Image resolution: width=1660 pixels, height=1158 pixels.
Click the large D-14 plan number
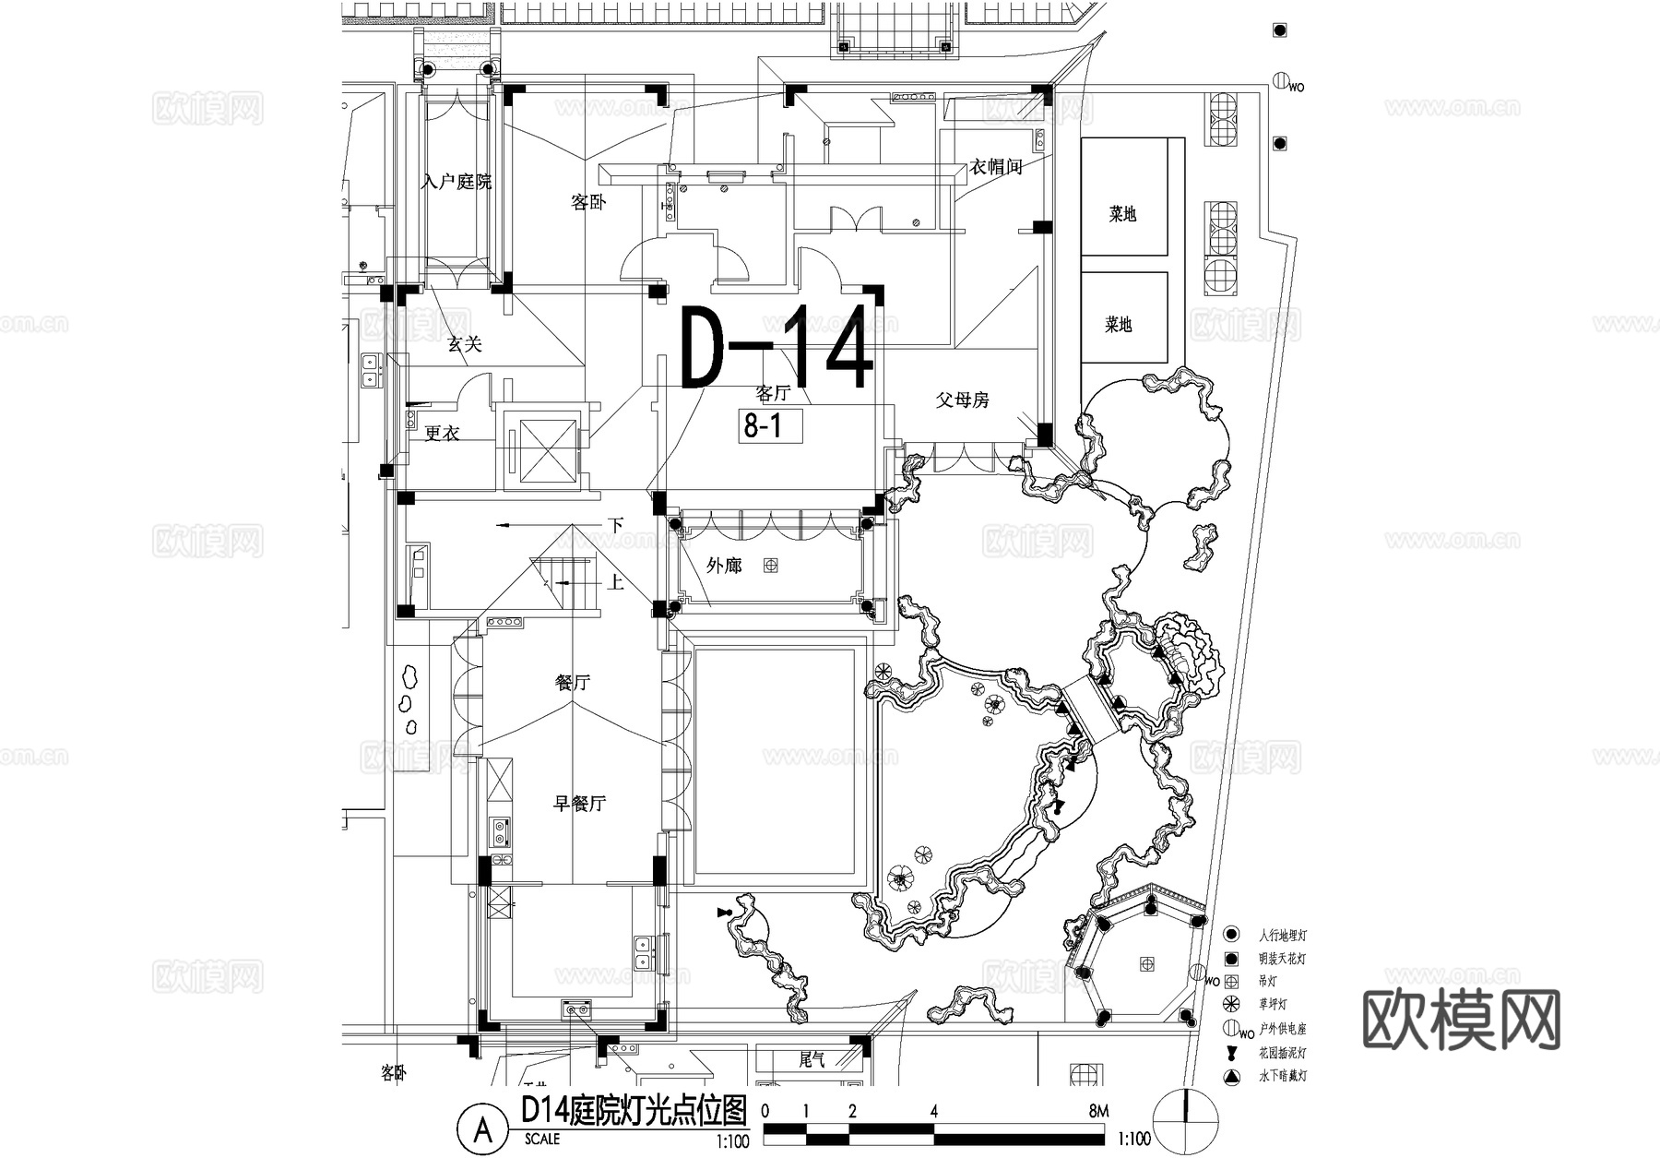tap(777, 347)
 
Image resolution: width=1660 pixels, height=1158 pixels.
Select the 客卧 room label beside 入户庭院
tap(588, 202)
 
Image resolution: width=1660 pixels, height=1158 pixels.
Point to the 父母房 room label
tap(962, 400)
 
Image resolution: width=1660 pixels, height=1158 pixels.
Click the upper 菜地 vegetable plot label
tap(1122, 214)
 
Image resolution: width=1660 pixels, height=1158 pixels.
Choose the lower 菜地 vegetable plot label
tap(1119, 325)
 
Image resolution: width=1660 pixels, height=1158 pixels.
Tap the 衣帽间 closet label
tap(996, 167)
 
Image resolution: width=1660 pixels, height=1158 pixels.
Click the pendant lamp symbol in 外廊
tap(770, 566)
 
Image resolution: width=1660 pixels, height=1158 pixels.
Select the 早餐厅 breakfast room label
tap(579, 804)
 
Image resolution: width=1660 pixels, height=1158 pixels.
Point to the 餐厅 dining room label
tap(572, 683)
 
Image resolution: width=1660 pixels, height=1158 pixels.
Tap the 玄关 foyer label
tap(465, 344)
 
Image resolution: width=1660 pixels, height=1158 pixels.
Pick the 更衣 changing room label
tap(442, 433)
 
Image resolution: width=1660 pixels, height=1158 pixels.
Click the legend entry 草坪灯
tap(1272, 1004)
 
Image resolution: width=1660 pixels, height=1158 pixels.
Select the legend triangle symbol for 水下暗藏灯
tap(1231, 1077)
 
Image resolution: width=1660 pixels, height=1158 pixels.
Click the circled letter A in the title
tap(482, 1128)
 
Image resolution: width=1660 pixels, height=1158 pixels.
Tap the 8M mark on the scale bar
tap(1098, 1111)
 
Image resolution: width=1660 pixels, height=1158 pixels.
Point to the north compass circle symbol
tap(1186, 1121)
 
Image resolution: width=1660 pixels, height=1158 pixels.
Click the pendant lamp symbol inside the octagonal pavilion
tap(1147, 963)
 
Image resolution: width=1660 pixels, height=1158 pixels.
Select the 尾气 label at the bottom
tap(812, 1060)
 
